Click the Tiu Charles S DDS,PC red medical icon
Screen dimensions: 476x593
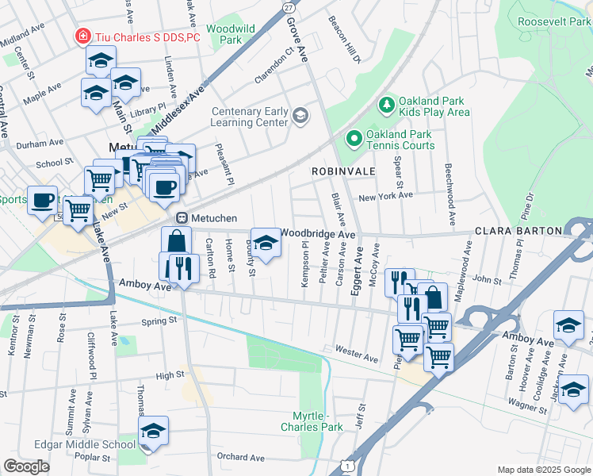(x=80, y=36)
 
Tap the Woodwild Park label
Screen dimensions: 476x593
(x=224, y=33)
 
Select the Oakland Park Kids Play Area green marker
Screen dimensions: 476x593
(x=386, y=105)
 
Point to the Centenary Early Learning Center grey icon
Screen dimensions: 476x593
(x=300, y=117)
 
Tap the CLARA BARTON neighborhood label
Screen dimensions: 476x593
(x=518, y=231)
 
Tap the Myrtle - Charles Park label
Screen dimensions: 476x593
(x=312, y=420)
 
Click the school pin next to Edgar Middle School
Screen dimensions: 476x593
(x=153, y=431)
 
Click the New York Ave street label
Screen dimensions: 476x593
(x=386, y=195)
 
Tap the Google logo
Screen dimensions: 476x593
(x=26, y=466)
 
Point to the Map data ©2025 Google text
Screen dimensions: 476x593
(x=543, y=470)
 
